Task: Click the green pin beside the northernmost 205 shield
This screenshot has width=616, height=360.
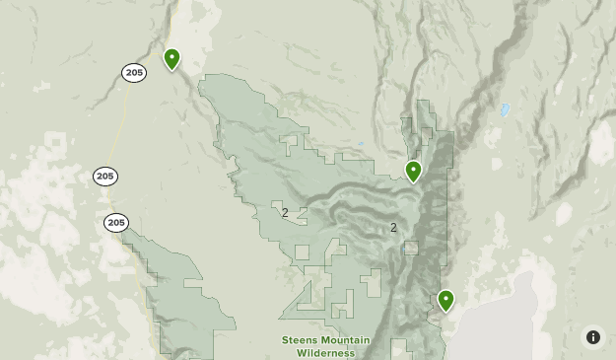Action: (x=171, y=59)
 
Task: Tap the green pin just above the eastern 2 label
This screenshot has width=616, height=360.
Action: (x=413, y=172)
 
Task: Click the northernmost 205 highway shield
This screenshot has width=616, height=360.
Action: (x=134, y=72)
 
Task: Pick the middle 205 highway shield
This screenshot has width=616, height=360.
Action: (x=105, y=177)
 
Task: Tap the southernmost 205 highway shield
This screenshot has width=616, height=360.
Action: (x=116, y=223)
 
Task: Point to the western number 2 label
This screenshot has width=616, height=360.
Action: (x=285, y=213)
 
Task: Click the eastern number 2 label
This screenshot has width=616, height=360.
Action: (x=393, y=228)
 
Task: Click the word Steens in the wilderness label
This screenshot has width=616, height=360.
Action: (x=300, y=340)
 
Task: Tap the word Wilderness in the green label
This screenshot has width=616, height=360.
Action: (x=324, y=352)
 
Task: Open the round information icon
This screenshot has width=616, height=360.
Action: (x=593, y=337)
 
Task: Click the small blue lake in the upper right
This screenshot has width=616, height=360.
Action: (x=506, y=109)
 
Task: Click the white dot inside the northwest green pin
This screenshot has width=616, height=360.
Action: (x=171, y=56)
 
